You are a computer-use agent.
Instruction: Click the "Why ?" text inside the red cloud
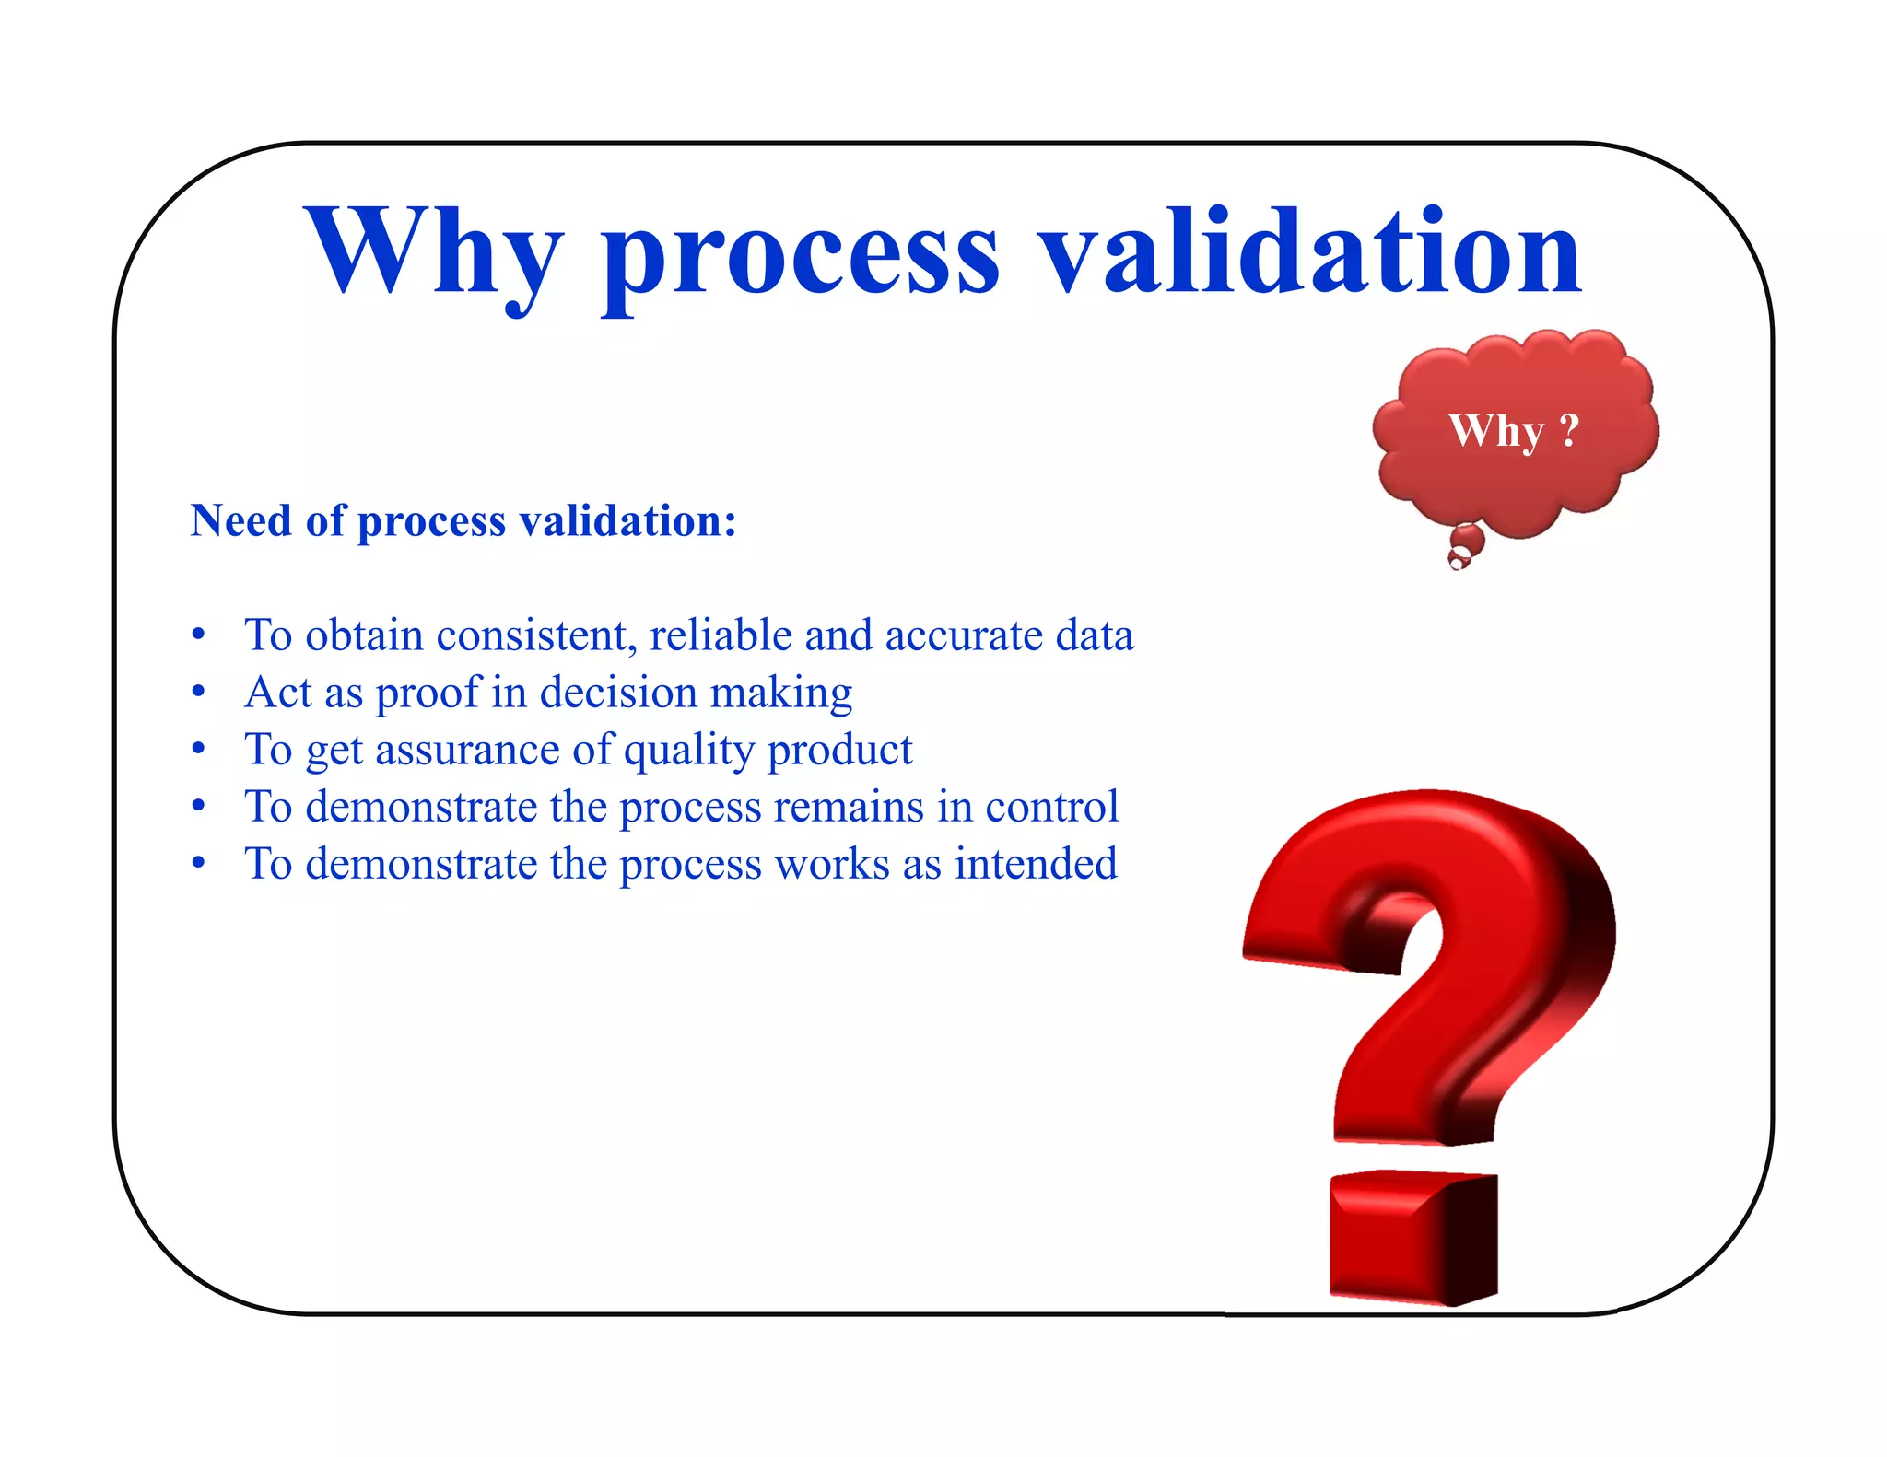[x=1514, y=431]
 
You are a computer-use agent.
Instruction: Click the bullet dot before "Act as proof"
[x=198, y=693]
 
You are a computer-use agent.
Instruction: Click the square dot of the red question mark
[x=1412, y=1237]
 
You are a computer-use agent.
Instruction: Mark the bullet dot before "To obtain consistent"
[x=198, y=635]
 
